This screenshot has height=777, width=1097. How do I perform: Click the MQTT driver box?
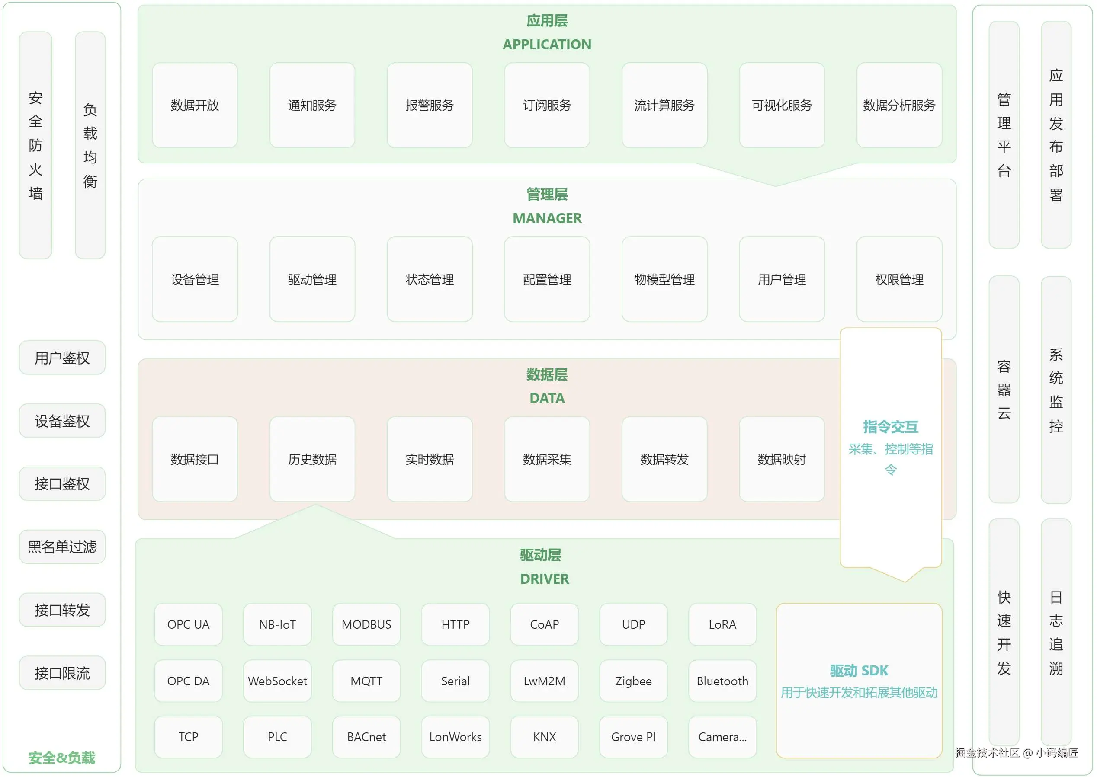point(366,681)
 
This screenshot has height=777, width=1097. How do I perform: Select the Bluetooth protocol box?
point(722,681)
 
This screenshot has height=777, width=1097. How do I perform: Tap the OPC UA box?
point(188,624)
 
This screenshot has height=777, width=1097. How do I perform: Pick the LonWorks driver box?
point(455,737)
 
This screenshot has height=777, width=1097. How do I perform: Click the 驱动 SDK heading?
point(859,671)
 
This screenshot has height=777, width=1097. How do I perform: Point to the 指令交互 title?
point(890,426)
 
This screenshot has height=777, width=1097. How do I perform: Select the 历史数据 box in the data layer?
point(312,459)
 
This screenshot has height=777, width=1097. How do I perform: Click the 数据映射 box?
point(782,459)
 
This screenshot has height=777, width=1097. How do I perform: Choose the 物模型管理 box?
point(664,279)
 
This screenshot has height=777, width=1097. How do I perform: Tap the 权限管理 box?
point(899,279)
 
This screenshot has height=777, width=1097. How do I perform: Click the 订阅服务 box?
point(547,105)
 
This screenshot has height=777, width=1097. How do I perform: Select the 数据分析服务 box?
point(899,105)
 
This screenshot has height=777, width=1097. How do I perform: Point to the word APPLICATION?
point(547,45)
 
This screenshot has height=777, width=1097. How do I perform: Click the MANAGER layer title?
point(547,218)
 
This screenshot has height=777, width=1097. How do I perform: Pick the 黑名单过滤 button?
point(62,547)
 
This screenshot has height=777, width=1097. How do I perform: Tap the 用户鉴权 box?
point(62,358)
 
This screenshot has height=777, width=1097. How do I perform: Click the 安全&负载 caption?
point(62,758)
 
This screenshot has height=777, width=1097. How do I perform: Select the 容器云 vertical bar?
point(1004,389)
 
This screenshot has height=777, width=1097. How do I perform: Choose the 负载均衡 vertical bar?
point(90,145)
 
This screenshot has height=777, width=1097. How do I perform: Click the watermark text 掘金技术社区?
point(988,753)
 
